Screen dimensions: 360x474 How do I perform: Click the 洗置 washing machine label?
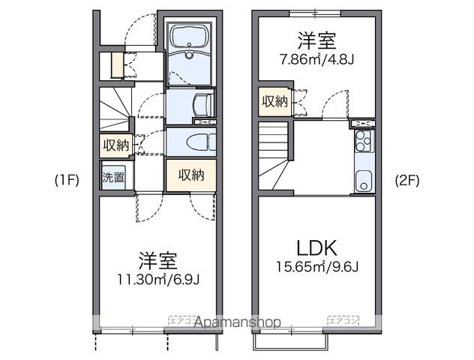[x=113, y=178]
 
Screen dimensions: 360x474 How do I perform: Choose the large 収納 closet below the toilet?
[x=191, y=175]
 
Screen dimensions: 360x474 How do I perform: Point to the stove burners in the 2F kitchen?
[x=363, y=139]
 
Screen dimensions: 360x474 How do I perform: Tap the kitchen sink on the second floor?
[x=364, y=181]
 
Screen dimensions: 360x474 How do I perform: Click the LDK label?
[x=316, y=248]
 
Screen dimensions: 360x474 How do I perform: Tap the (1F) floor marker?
[x=67, y=180]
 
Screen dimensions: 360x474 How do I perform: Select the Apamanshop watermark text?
[x=237, y=322]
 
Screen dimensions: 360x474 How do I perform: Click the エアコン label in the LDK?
[x=342, y=320]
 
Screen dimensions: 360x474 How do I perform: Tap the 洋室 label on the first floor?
[x=157, y=261]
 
